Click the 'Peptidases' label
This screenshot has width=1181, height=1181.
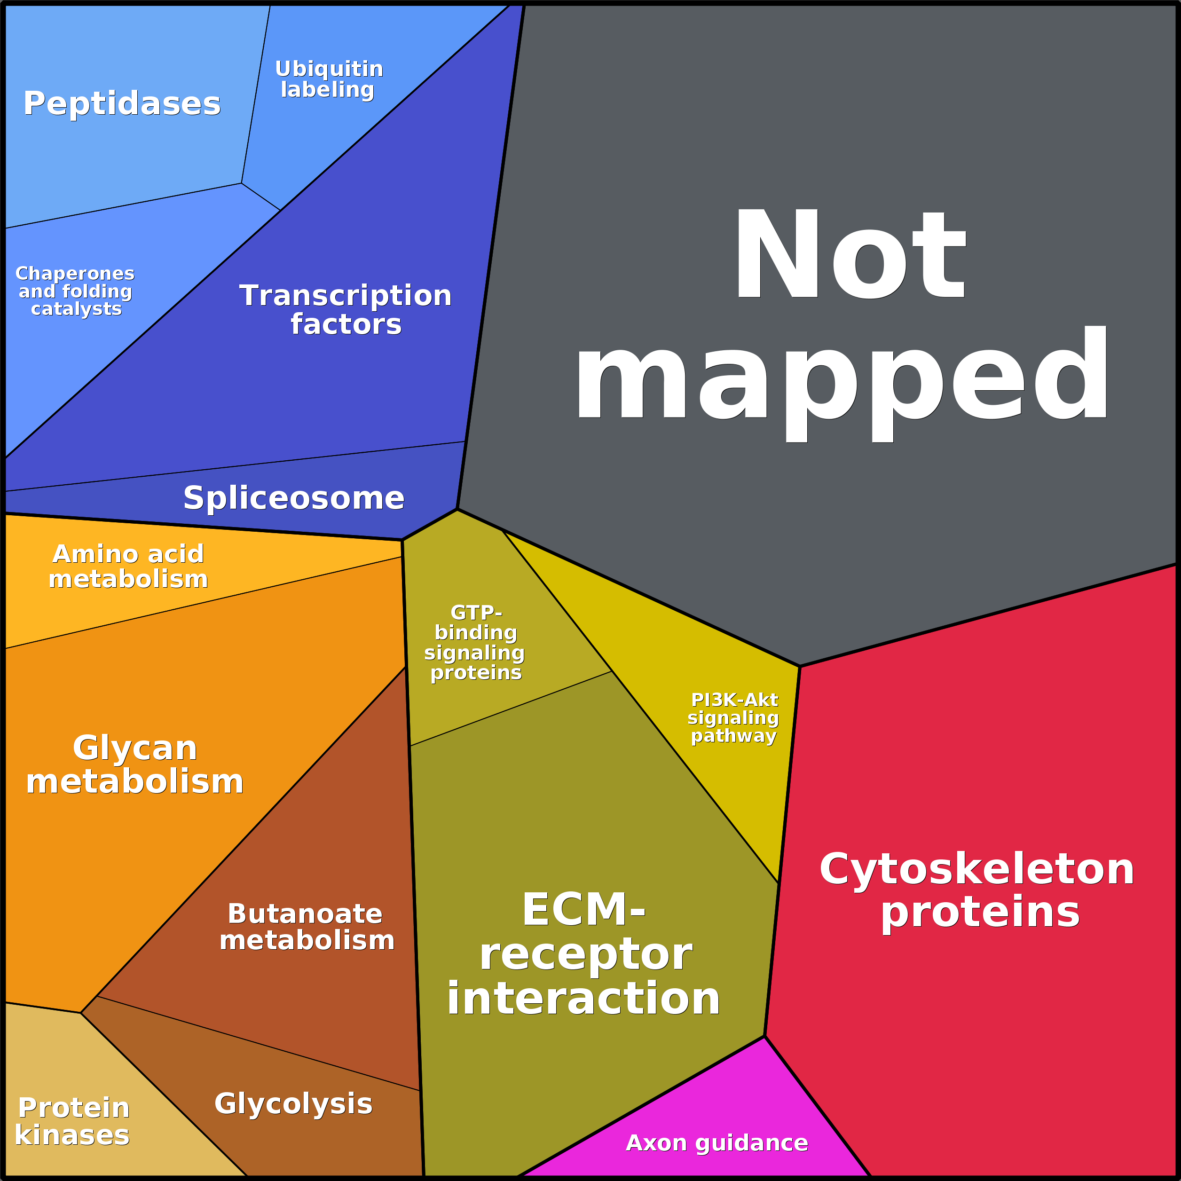point(122,103)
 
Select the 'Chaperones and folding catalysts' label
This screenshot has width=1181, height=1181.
point(75,291)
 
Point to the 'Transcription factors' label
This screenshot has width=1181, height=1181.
point(346,309)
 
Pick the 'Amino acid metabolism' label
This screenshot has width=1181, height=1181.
point(128,566)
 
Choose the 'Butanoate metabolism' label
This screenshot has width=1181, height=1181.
point(307,927)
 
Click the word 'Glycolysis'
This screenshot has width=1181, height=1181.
point(293,1103)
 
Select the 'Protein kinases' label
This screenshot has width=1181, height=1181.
point(73,1121)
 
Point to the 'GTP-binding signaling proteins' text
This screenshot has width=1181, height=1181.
point(475,643)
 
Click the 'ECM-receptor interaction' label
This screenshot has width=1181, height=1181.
point(584,953)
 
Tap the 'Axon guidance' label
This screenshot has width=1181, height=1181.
point(716,1142)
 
